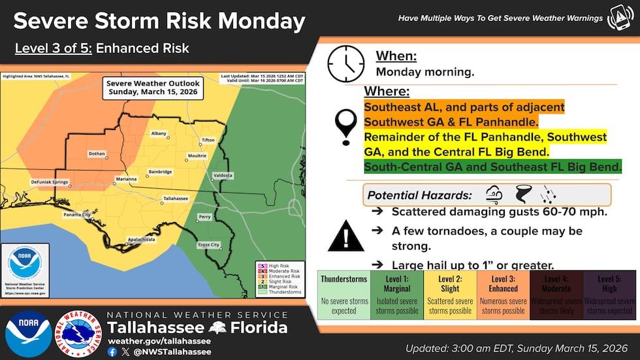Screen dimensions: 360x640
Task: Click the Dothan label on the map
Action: click(x=96, y=154)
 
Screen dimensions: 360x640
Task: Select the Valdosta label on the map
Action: click(x=223, y=176)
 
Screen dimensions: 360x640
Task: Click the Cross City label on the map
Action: click(x=208, y=244)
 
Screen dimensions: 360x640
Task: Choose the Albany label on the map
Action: click(x=159, y=133)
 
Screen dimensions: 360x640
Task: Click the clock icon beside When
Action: click(x=346, y=63)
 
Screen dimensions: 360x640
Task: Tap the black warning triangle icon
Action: click(x=345, y=237)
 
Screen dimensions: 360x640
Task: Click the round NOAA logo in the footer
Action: click(x=28, y=333)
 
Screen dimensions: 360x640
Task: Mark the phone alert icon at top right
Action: click(x=620, y=18)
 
